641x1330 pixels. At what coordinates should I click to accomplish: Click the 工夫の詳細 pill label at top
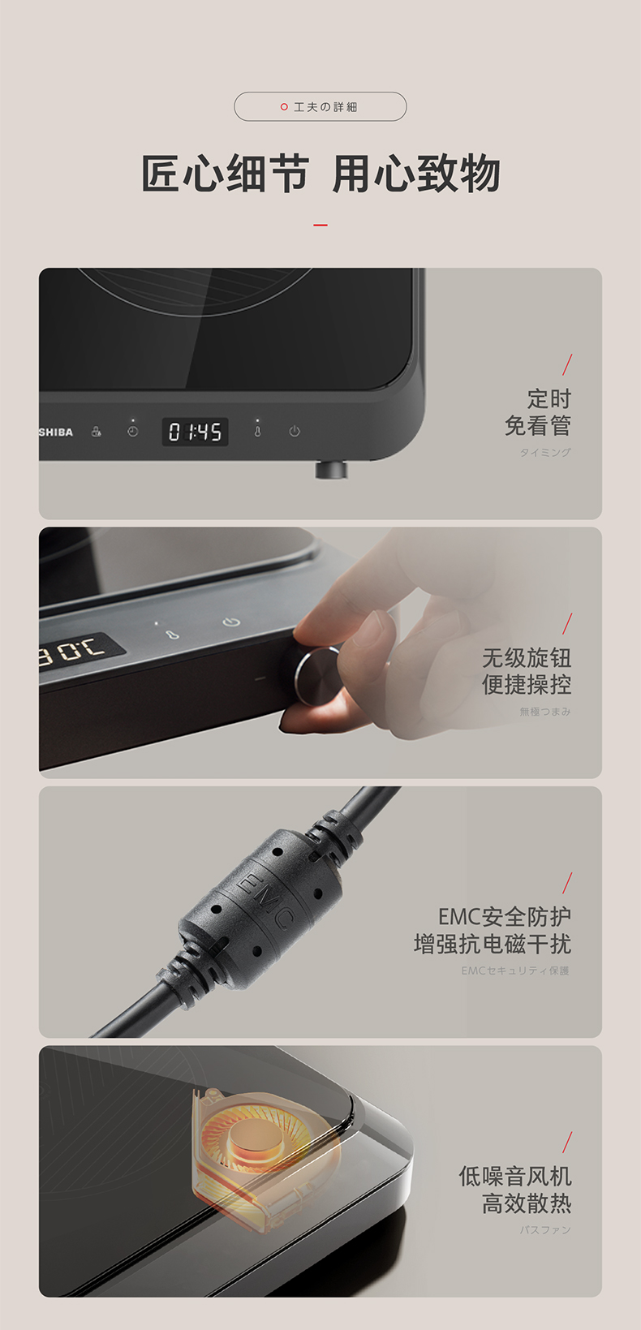[320, 107]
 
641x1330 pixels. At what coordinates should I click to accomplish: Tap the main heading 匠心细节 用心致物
[320, 174]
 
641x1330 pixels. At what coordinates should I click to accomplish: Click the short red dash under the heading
[320, 225]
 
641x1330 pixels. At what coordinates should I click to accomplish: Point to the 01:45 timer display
[196, 432]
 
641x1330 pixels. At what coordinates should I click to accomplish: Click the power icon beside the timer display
[295, 431]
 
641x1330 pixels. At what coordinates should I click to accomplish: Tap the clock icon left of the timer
[132, 432]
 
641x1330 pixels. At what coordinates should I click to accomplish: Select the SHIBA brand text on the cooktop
[56, 433]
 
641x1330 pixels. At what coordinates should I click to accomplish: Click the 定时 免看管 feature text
[538, 412]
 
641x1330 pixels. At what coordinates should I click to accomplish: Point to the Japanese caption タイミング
[545, 453]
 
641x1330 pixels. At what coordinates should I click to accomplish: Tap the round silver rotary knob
[316, 676]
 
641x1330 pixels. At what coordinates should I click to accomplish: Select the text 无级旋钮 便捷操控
[527, 671]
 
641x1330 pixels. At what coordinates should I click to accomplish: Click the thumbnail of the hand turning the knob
[320, 652]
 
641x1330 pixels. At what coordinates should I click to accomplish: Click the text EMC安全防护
[505, 917]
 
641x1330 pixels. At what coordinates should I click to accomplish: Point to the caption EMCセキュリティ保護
[515, 971]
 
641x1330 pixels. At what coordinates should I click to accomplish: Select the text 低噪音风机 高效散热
[515, 1190]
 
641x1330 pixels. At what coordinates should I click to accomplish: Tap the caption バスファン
[545, 1229]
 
